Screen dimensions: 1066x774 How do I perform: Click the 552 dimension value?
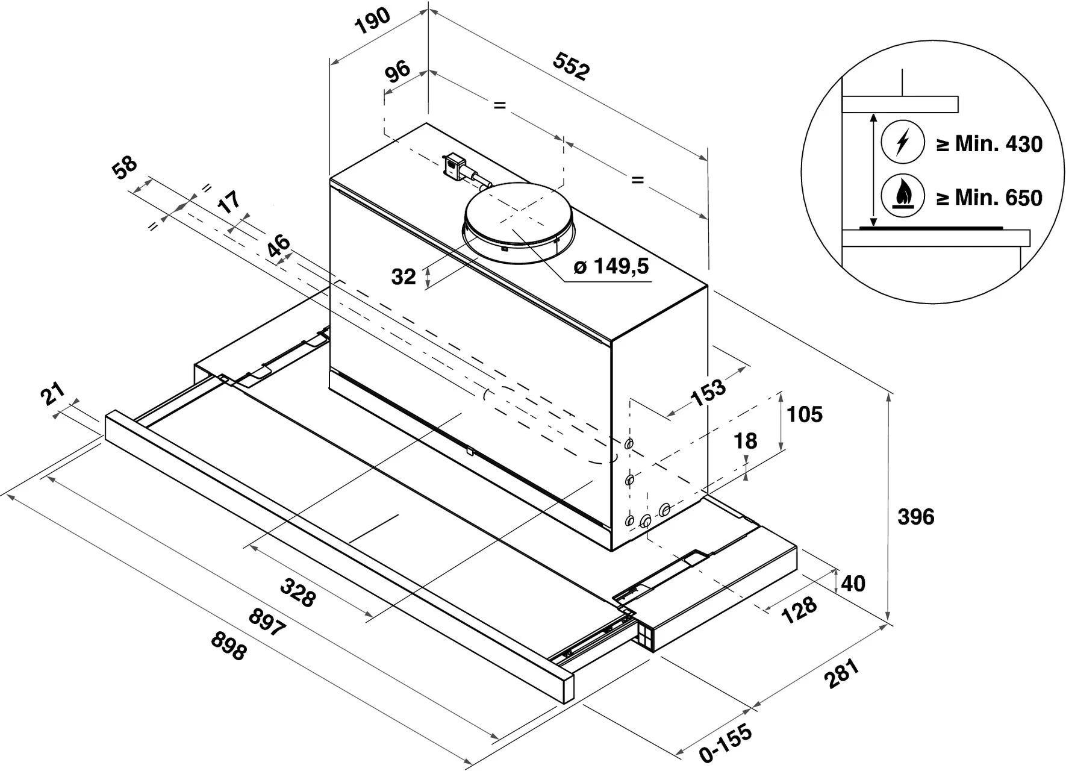pos(571,66)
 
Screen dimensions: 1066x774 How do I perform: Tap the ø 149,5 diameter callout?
pos(611,266)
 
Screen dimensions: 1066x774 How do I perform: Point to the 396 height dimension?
pos(915,516)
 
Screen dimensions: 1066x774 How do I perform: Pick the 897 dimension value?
pos(267,622)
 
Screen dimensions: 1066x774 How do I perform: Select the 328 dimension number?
pos(299,592)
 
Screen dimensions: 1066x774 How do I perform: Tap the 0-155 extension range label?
pos(726,743)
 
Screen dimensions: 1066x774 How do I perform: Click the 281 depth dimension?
pos(843,673)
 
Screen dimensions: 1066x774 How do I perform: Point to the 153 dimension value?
pos(708,392)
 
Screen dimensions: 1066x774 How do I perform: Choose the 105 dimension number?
pos(805,414)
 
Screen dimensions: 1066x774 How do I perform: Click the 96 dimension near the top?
pos(397,72)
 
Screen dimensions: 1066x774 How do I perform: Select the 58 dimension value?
pos(125,167)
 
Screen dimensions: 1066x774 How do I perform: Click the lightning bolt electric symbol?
pos(902,142)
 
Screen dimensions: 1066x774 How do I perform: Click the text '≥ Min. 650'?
pos(989,198)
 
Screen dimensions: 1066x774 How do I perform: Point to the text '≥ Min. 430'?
pos(989,144)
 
